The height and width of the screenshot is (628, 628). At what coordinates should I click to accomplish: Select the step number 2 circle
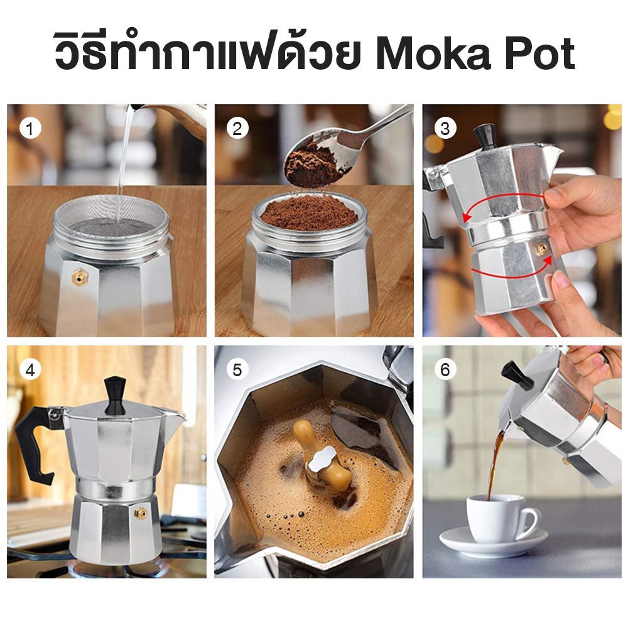pos(237,129)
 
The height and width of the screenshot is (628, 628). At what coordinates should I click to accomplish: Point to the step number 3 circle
pos(445,129)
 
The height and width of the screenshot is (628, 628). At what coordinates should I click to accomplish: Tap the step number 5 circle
pos(237,370)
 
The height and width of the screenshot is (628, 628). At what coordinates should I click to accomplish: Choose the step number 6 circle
pos(445,370)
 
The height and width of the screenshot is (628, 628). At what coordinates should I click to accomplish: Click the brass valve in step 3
pos(539,249)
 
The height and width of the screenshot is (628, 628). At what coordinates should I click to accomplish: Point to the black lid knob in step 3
pos(484,136)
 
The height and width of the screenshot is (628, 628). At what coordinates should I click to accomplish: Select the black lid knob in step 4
pos(114,394)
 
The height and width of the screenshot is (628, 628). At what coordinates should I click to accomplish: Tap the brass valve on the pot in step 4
pos(141,513)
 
